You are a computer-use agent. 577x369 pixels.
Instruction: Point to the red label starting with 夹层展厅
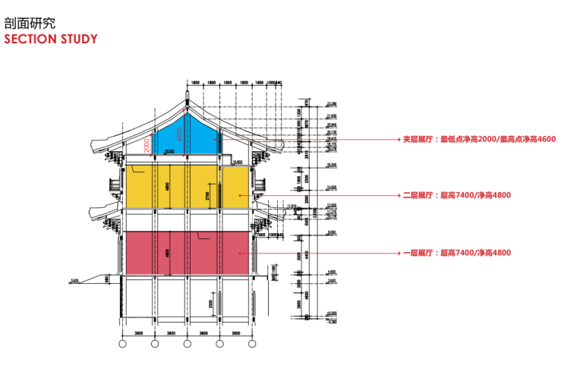coord(480,140)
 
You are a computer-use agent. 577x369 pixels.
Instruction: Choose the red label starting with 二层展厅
coord(456,195)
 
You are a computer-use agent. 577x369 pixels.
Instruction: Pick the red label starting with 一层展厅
coord(456,252)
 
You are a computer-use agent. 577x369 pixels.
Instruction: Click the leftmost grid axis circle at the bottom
coord(122,344)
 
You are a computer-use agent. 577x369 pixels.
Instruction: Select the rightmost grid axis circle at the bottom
coord(251,344)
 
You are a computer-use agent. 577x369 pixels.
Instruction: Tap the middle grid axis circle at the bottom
coord(187,344)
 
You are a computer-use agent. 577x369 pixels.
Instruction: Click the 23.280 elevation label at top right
coord(331,103)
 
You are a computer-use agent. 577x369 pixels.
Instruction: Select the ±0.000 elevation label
coord(331,311)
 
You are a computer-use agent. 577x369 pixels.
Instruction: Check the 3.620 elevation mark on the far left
coord(74,281)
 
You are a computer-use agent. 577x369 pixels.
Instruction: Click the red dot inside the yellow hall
coord(241,195)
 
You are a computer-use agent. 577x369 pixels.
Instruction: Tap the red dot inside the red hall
coord(241,252)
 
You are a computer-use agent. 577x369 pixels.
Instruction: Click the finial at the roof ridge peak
coord(187,96)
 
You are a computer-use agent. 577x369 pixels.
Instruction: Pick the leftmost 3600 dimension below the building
coord(138,333)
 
